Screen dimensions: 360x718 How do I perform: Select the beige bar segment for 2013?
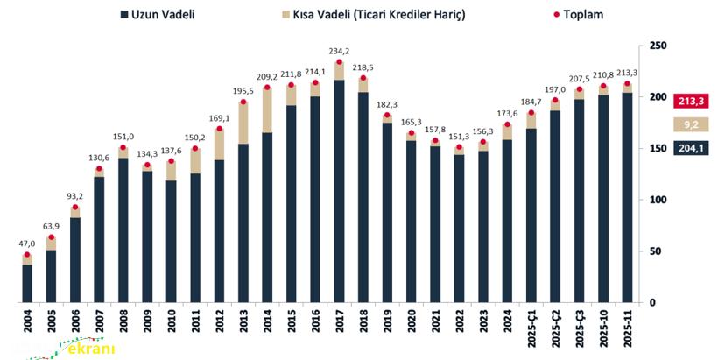[243, 123]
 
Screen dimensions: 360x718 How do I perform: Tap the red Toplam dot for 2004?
[27, 255]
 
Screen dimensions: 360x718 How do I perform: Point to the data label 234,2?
[339, 51]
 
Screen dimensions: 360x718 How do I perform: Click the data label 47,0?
[27, 244]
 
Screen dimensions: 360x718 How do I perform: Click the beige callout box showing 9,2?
[691, 125]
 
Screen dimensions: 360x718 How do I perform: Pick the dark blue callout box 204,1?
[691, 149]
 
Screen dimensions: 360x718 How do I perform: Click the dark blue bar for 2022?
[459, 228]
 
